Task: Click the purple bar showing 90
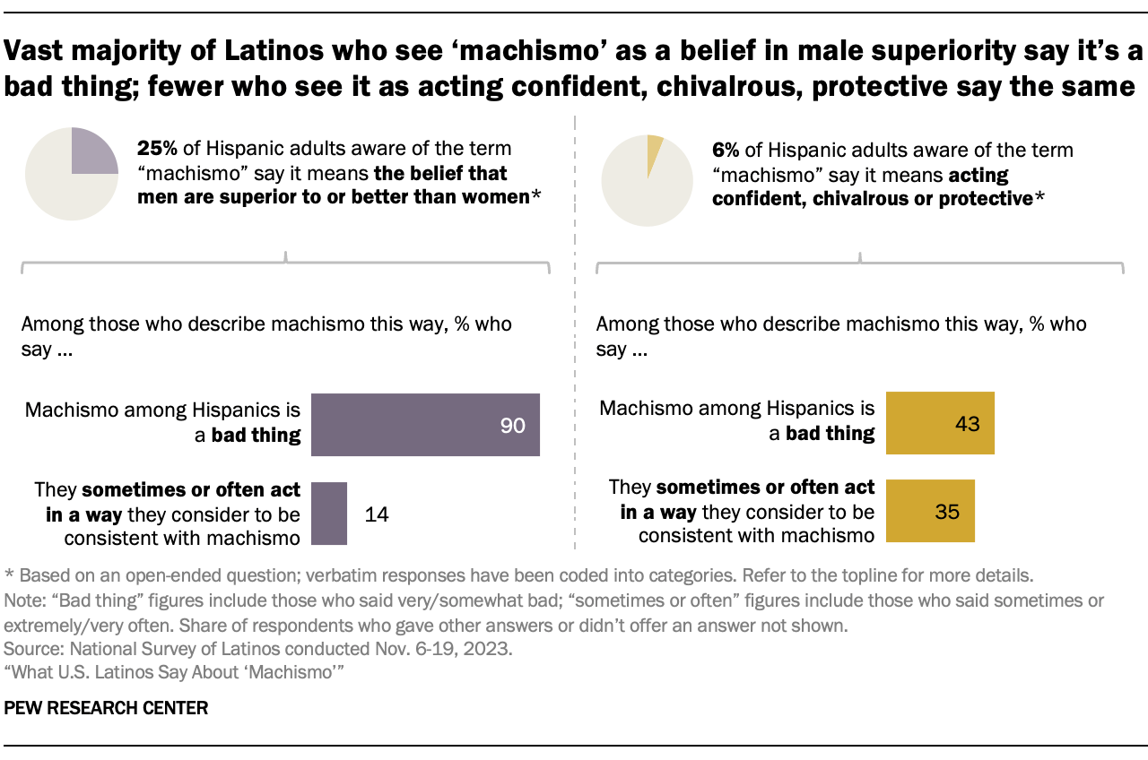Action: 425,425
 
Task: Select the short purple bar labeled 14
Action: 328,514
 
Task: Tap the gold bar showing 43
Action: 940,423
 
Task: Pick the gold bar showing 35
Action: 930,512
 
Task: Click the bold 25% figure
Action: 156,150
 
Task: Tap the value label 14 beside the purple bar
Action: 377,514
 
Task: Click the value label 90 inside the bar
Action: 512,426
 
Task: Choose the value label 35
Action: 946,513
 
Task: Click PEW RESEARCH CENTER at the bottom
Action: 106,708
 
